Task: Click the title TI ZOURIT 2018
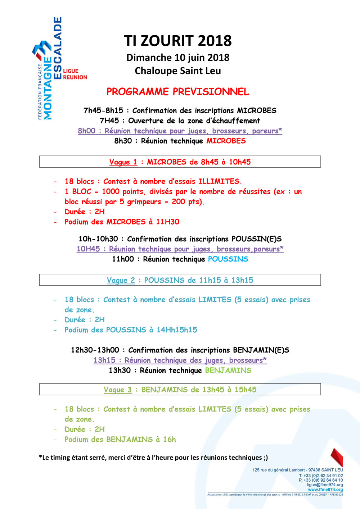tap(178, 41)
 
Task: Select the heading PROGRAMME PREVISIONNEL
tap(178, 92)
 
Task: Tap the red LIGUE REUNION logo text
tap(75, 74)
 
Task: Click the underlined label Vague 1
tap(123, 162)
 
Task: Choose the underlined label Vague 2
tap(121, 280)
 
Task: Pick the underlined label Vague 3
tap(117, 390)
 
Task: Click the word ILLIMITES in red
tap(219, 181)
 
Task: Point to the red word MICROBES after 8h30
tap(226, 141)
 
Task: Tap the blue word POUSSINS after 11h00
tap(228, 259)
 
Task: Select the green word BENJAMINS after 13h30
tap(228, 370)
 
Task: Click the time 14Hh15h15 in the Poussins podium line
tap(177, 330)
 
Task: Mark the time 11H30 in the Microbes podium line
tap(167, 222)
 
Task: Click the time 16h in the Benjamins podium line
tap(169, 439)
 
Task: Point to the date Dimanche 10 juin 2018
tap(178, 58)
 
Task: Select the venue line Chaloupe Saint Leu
tap(178, 71)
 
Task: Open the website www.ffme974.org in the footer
tap(325, 490)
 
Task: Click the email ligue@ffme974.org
tap(325, 485)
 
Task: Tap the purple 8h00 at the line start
tap(87, 131)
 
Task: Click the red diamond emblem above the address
tap(337, 457)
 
